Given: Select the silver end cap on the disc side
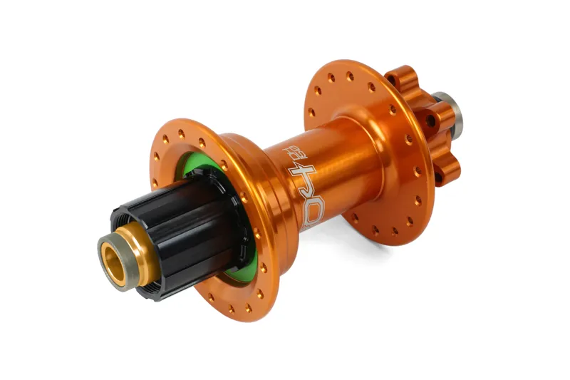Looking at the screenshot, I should [449, 107].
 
